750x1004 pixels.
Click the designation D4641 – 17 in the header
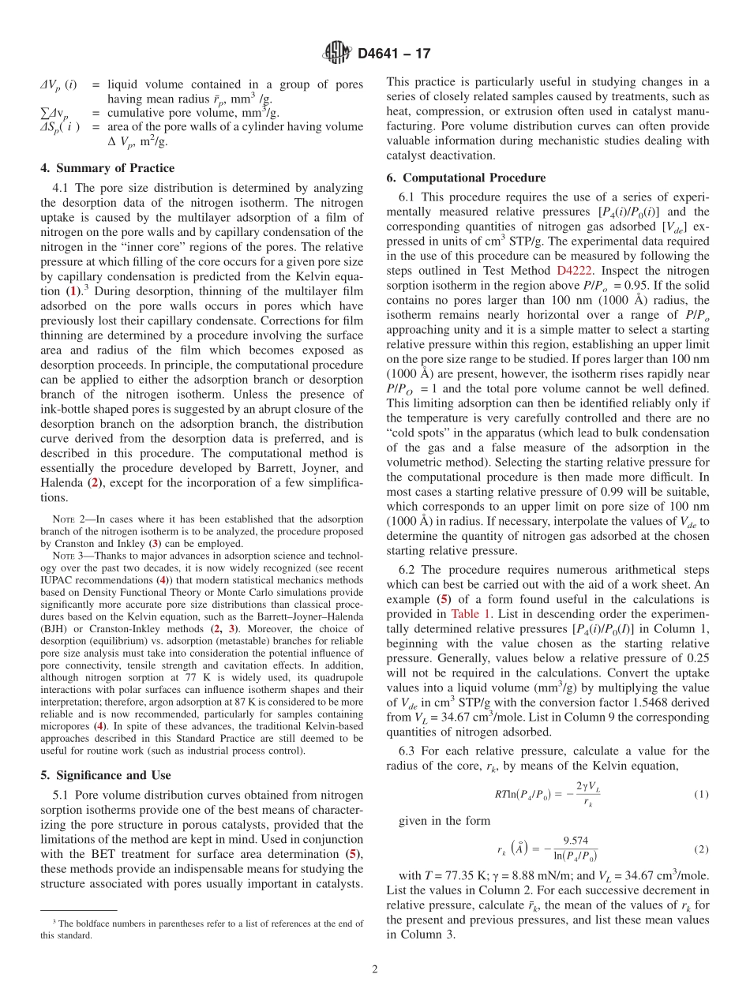(x=394, y=54)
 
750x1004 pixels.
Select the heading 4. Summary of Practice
(x=107, y=168)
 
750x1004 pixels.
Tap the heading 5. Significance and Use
(x=106, y=775)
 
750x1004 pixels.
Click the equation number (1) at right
(x=700, y=792)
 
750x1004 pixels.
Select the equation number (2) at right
(x=700, y=849)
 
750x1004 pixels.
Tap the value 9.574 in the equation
(x=575, y=841)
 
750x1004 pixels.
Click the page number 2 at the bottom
(x=375, y=969)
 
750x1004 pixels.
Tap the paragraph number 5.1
(x=62, y=795)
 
